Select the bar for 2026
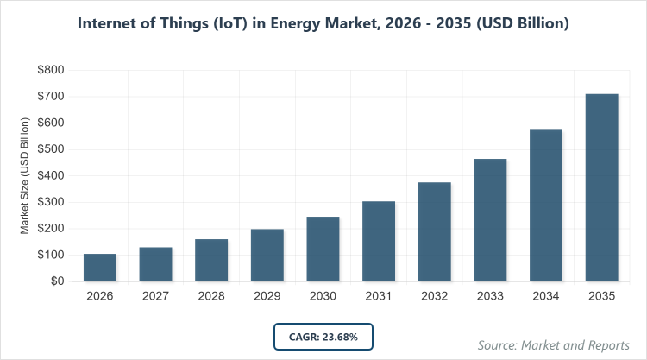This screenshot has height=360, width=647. tap(100, 268)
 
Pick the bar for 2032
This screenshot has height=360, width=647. tap(435, 231)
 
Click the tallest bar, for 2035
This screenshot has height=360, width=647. tap(602, 187)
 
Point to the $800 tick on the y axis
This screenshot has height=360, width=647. tap(51, 70)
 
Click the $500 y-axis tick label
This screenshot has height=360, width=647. tap(51, 149)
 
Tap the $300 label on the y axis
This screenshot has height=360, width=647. tap(51, 203)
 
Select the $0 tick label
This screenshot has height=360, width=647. tap(58, 281)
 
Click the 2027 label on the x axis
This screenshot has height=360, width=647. tap(156, 297)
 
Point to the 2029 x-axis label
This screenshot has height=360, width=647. tap(267, 297)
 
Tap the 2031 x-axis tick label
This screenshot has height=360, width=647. tap(379, 297)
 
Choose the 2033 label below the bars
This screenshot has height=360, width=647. tap(490, 297)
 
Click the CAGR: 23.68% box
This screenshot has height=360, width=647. tap(323, 336)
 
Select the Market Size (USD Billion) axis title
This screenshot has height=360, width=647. tap(25, 176)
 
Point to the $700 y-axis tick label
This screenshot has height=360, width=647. tap(51, 97)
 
